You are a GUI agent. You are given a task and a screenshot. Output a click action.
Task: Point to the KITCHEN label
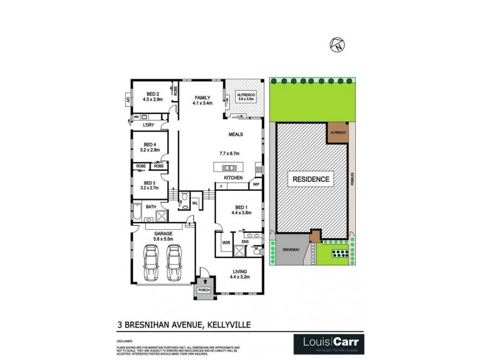click(x=233, y=178)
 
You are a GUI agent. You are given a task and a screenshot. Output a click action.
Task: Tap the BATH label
click(x=151, y=207)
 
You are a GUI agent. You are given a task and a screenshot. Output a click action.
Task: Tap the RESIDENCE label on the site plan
click(x=310, y=179)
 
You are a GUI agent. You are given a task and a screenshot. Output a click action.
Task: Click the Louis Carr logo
click(x=326, y=342)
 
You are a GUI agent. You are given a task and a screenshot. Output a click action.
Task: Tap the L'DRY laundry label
click(x=149, y=125)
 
